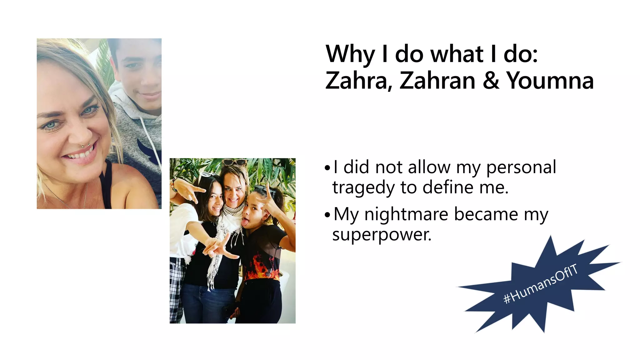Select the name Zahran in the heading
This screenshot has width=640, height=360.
pyautogui.click(x=437, y=81)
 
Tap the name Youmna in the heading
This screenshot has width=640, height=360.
pyautogui.click(x=550, y=81)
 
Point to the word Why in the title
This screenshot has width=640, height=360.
pyautogui.click(x=350, y=54)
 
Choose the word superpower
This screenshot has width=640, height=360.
pyautogui.click(x=382, y=235)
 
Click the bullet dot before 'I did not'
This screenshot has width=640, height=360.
pyautogui.click(x=327, y=168)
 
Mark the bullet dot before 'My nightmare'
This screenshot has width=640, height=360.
pyautogui.click(x=327, y=215)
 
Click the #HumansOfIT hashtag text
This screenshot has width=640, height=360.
pyautogui.click(x=540, y=284)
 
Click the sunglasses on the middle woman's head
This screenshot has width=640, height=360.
pyautogui.click(x=234, y=162)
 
